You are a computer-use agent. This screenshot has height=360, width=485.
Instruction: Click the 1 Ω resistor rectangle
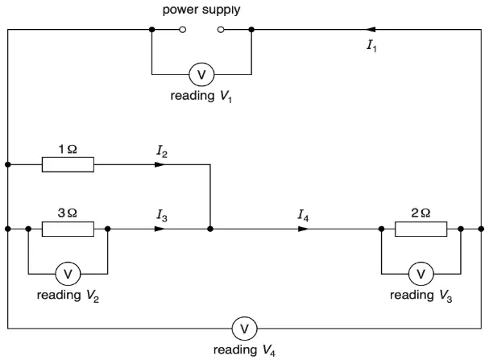pos(68,164)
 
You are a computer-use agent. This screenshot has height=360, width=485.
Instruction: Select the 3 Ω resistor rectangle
pos(68,229)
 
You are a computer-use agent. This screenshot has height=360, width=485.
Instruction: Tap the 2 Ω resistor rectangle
pos(421,229)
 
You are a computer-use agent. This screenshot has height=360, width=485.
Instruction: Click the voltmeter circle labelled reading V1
pos(201,74)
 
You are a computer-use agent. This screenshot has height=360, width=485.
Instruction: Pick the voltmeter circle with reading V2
pos(68,274)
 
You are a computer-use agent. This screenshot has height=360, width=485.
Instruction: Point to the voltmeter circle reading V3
pos(421,274)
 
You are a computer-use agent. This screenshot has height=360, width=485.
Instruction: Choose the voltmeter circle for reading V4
pos(244,329)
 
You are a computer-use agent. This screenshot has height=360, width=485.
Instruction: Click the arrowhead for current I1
pos(371,30)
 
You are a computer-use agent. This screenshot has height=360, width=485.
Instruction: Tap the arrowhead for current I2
pos(160,164)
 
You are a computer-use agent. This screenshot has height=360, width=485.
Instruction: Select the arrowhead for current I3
pos(160,229)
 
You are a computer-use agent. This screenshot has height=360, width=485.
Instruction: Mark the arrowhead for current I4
pos(303,229)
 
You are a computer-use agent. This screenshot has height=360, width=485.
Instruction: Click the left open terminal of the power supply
pos(183,30)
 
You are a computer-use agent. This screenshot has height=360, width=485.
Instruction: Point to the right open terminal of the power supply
pos(221,30)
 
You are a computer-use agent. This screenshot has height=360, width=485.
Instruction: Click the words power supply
pos(201,10)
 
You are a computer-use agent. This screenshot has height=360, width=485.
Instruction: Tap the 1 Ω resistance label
pos(68,149)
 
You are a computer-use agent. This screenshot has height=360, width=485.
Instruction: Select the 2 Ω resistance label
pos(421,213)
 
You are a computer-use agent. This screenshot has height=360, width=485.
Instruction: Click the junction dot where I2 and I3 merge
pos(210,229)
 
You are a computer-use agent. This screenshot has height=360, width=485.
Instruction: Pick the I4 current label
pos(303,215)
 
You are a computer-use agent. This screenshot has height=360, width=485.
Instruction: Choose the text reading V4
pos(244,350)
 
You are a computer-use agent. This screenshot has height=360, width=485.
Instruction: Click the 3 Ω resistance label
pos(68,213)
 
